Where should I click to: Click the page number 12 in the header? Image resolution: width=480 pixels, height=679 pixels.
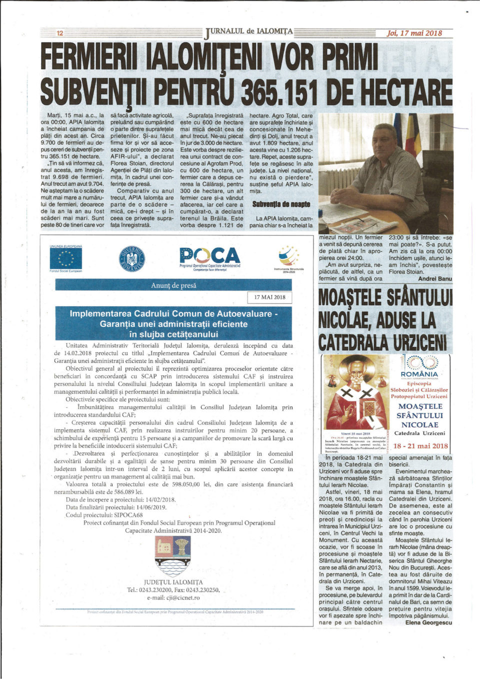[60, 33]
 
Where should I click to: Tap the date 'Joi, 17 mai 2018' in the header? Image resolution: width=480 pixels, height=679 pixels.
[414, 33]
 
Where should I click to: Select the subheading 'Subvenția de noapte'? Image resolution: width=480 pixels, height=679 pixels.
[281, 204]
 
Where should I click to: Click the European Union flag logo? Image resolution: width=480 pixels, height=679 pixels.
[66, 259]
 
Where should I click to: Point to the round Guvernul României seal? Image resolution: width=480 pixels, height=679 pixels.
[131, 259]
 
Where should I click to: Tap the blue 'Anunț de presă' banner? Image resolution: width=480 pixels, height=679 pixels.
[173, 285]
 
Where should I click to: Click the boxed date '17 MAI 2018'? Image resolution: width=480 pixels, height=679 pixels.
[269, 297]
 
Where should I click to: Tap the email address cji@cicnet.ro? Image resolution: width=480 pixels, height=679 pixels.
[173, 597]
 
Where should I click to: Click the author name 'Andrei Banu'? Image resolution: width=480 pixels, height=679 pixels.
[434, 279]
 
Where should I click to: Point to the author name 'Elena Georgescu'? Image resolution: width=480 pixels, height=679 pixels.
[428, 622]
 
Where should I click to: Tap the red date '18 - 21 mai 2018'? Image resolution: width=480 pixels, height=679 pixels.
[420, 446]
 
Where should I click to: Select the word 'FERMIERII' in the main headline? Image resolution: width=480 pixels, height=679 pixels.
[90, 58]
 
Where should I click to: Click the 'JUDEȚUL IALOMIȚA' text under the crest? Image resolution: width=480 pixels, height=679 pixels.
[173, 582]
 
